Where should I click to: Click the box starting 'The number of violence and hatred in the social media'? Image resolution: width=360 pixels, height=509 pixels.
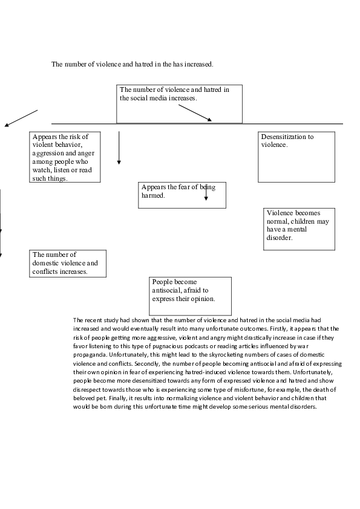tap(179, 103)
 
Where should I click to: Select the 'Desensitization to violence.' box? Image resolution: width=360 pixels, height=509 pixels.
tap(296, 157)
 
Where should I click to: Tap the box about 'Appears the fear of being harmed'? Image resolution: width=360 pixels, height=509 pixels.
tap(182, 195)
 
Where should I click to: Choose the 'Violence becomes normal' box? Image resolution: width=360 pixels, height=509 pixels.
tap(299, 229)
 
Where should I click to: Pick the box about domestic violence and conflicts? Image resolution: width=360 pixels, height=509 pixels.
tap(67, 264)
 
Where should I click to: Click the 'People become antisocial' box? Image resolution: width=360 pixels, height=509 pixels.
tap(190, 296)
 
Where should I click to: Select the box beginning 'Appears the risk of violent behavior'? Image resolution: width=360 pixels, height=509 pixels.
tap(65, 157)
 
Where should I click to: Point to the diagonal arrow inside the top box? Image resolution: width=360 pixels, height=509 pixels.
tap(195, 112)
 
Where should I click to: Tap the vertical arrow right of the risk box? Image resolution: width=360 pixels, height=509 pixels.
tap(119, 148)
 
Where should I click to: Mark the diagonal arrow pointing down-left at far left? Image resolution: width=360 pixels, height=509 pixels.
tap(21, 118)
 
